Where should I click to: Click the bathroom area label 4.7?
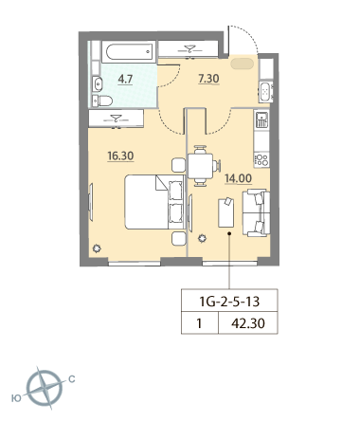(125, 79)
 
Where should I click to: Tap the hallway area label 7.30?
(208, 79)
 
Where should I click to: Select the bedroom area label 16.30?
(120, 156)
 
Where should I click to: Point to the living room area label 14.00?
(238, 178)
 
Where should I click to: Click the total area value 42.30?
(248, 323)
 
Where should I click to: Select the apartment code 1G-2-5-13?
(229, 302)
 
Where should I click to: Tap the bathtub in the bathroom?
(129, 51)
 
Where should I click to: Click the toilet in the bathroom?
(102, 101)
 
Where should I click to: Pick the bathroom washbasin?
(97, 84)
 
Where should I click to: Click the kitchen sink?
(261, 119)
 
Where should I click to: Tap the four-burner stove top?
(261, 159)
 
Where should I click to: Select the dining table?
(201, 166)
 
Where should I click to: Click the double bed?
(154, 202)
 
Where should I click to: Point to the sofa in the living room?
(256, 212)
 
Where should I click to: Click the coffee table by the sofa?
(226, 212)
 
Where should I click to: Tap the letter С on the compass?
(72, 378)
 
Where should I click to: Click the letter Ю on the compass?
(16, 398)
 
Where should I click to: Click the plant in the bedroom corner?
(97, 248)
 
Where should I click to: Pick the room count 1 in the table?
(199, 323)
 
